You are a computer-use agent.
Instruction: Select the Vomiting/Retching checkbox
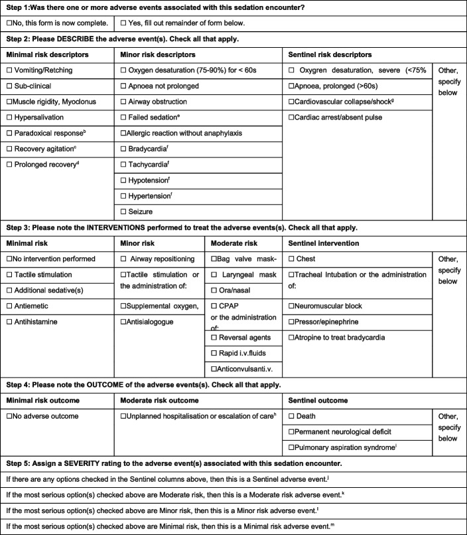[x=9, y=70]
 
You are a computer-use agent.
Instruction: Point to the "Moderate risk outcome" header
[x=157, y=399]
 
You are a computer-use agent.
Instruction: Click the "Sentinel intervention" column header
[x=322, y=242]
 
